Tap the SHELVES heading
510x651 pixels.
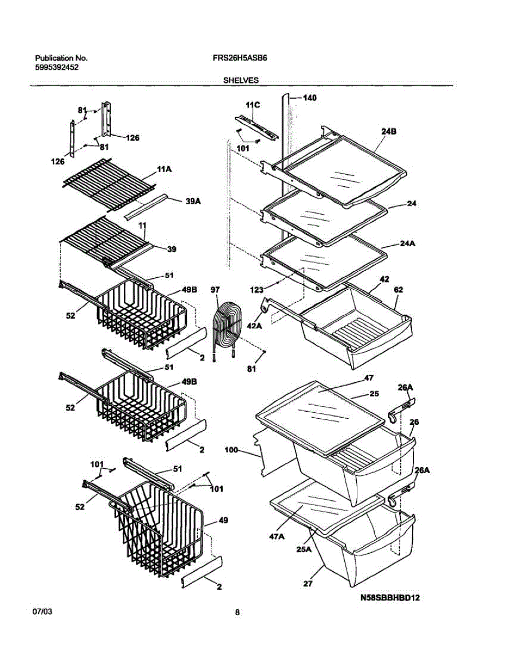tap(241, 80)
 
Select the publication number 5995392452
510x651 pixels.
tap(56, 67)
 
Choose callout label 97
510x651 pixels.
tap(215, 291)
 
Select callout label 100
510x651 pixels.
tap(232, 450)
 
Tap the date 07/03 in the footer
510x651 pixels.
tap(43, 611)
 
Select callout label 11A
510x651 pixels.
tap(164, 170)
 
